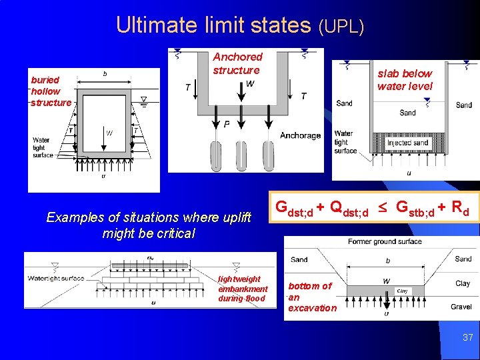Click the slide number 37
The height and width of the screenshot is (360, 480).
coord(468,338)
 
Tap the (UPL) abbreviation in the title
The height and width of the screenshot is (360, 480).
coord(341,27)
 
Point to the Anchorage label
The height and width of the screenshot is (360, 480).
coord(300,135)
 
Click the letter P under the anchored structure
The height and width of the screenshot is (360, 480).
coord(227,125)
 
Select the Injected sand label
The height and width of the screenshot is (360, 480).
coord(407,142)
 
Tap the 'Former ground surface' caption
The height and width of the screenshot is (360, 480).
coord(384,241)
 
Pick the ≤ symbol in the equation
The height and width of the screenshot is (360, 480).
coord(383,208)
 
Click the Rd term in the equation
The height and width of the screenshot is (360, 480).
coord(461,208)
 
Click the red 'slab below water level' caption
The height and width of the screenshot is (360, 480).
coord(405,79)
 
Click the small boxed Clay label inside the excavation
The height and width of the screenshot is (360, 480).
coord(403,291)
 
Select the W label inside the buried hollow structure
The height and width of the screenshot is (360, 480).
coord(109,133)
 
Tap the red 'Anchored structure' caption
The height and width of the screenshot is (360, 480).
coord(237,63)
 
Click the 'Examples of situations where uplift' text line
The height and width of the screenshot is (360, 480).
coord(149,217)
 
